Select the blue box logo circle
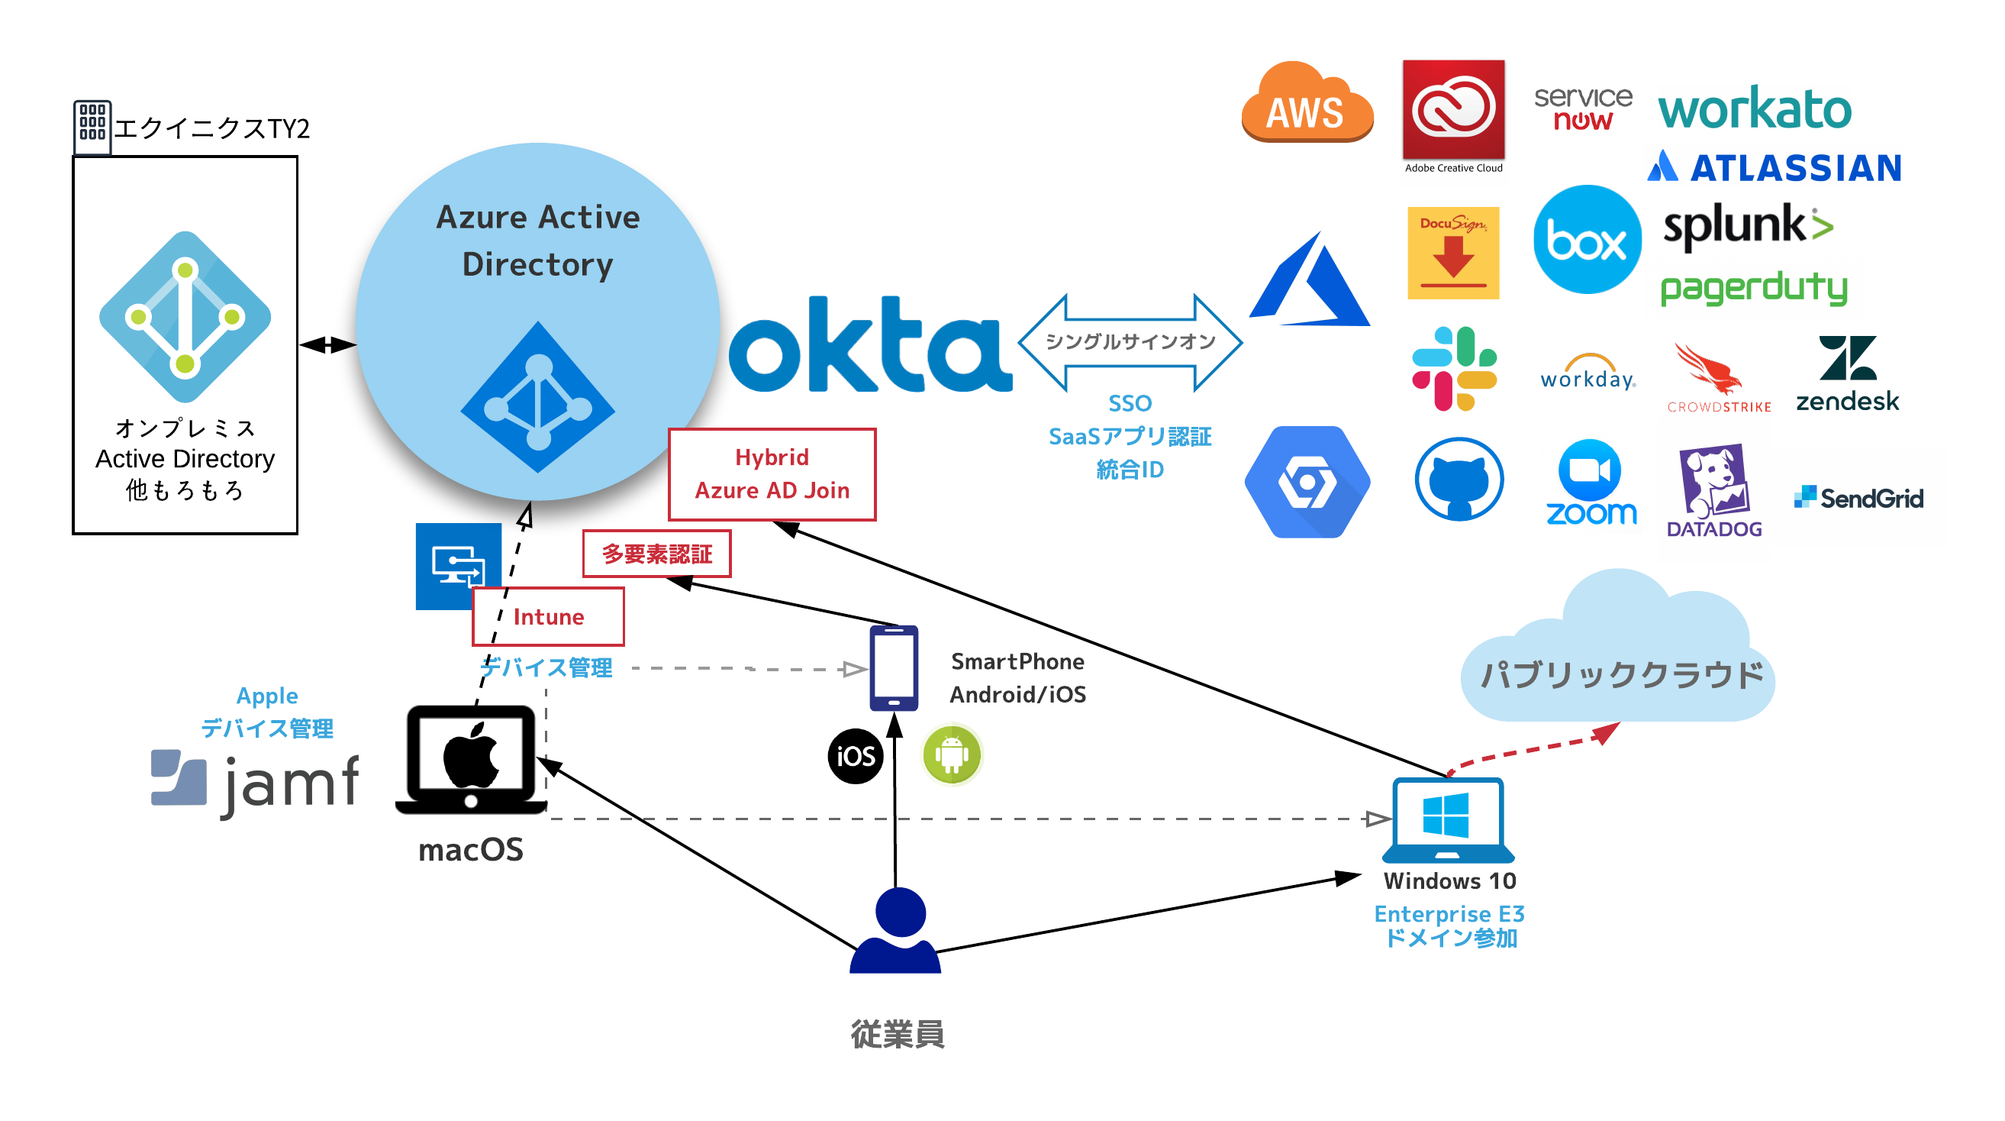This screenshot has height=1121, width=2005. coord(1587,239)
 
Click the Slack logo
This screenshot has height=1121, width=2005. coord(1454,369)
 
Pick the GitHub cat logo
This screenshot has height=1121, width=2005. coord(1459,480)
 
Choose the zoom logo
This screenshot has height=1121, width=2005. coord(1590,483)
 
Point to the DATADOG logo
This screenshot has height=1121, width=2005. coord(1714,490)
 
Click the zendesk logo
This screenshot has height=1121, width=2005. coord(1847,373)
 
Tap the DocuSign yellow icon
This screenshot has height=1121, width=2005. coord(1453,253)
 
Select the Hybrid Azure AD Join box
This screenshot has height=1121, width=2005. coord(772,474)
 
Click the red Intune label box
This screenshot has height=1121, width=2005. coord(548,616)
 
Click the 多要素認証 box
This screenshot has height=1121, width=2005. coord(657,554)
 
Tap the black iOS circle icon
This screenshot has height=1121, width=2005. coord(856,756)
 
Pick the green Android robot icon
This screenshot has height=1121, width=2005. coord(951,754)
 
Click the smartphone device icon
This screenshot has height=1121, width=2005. coord(894,668)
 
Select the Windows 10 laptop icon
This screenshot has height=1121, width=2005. coord(1448,819)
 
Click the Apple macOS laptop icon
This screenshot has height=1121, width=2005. coord(471,760)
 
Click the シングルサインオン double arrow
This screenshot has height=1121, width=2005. coord(1130,343)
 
